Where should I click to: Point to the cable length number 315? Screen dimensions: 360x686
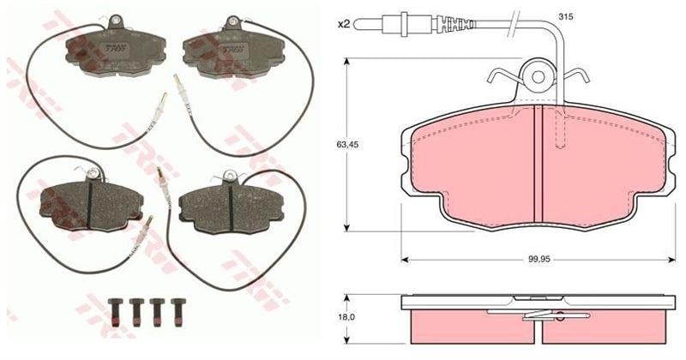[x=542, y=17]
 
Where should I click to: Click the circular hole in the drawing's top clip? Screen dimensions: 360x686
[x=538, y=77]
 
